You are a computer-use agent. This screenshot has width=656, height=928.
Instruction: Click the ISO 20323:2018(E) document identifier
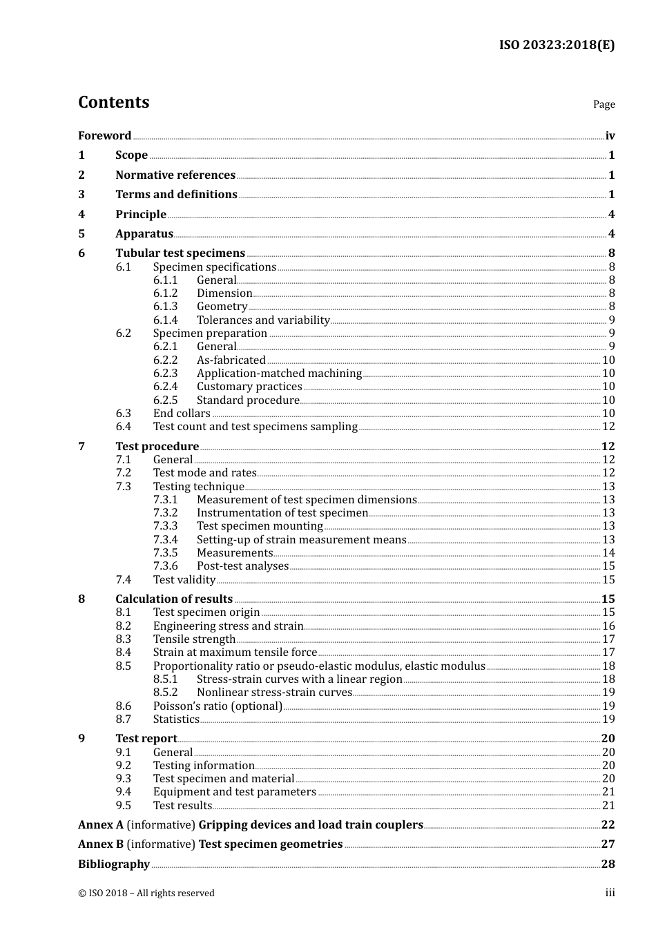557,45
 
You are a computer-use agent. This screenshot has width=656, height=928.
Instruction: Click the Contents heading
113,102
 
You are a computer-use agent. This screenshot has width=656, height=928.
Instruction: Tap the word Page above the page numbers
604,104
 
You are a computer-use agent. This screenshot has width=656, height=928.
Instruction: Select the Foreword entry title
104,135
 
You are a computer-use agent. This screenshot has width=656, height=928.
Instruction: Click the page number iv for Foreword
610,136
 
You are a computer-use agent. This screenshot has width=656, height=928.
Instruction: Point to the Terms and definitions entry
176,195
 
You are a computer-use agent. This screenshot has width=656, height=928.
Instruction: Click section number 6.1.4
165,320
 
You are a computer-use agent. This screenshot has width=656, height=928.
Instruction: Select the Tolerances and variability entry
263,320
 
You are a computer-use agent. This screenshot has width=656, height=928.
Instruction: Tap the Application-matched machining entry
279,374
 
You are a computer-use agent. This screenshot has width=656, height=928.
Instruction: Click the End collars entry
182,414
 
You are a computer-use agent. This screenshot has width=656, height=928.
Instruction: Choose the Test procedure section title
157,447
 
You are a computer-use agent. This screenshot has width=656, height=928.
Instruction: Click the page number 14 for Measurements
608,553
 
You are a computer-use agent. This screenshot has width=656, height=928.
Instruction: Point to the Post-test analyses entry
242,566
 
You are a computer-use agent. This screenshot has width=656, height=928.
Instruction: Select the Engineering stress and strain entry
228,626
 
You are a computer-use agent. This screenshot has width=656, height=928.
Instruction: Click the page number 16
608,626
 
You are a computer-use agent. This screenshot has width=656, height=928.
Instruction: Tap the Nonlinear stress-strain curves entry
274,693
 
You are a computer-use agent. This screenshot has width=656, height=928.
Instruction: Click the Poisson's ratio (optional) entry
218,706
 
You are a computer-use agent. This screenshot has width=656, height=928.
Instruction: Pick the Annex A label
101,825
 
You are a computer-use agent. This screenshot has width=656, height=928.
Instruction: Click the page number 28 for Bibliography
608,864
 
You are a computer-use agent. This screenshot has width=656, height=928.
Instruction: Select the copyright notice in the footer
146,893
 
